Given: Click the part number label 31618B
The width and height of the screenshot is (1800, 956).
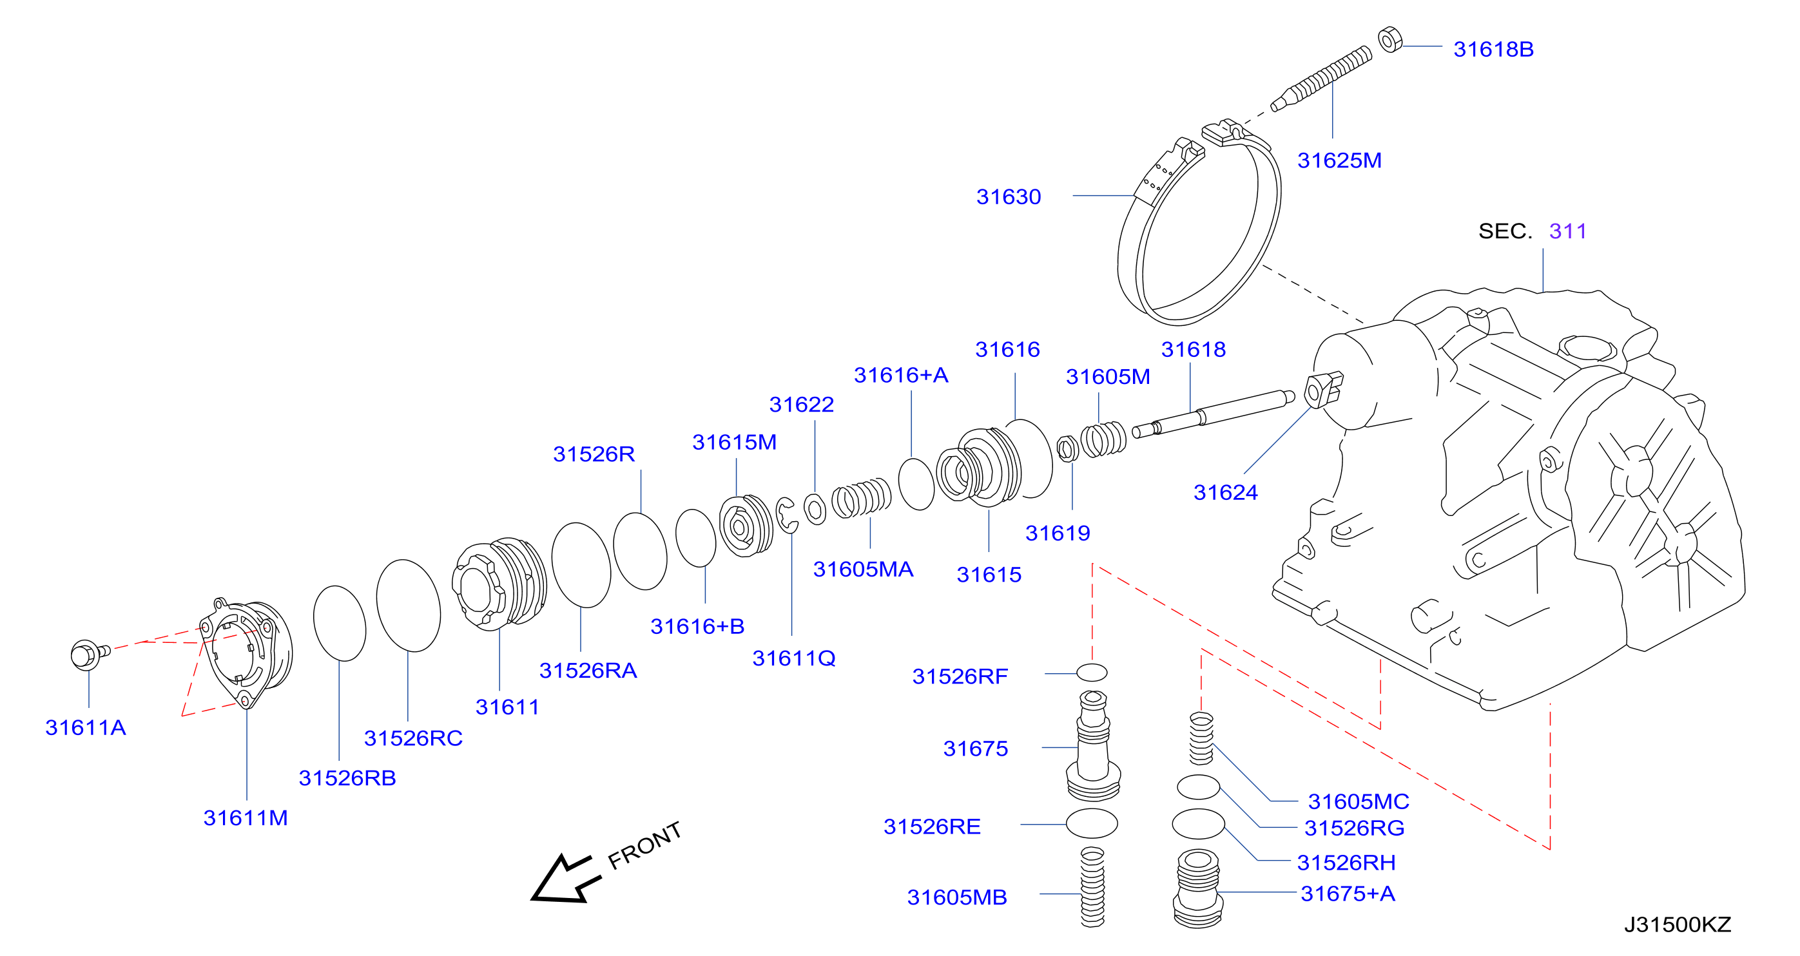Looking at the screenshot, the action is (1493, 50).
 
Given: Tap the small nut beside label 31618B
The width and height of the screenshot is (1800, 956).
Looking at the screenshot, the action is (1390, 39).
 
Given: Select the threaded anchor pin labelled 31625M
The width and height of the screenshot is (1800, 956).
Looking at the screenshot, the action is (1321, 77).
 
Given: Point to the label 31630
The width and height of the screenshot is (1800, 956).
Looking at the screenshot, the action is (1009, 197).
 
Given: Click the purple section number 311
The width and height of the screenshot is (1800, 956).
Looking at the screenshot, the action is (1567, 231).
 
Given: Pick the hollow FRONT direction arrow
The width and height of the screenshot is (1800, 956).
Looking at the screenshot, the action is (565, 878).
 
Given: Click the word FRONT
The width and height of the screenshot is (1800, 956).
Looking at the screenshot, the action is (644, 845).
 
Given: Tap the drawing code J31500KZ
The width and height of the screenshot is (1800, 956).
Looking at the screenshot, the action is (1677, 924).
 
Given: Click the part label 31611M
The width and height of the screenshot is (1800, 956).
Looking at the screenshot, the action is (246, 817).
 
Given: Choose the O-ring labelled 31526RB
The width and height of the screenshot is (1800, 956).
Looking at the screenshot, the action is (340, 624).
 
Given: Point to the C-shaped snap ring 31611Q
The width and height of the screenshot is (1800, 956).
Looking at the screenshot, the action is (787, 515).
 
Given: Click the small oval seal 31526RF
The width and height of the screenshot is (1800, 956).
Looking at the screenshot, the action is (1092, 673).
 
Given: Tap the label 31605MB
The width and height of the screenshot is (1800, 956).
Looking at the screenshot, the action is (956, 897).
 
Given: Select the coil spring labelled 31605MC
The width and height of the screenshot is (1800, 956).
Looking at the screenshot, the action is (1201, 738).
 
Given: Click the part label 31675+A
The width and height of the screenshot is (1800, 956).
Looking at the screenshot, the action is (1347, 894).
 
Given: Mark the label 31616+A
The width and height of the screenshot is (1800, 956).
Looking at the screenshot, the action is (901, 376).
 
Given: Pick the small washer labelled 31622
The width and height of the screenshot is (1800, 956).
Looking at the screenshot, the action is (815, 508).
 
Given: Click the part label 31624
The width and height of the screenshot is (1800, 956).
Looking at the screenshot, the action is (1225, 493).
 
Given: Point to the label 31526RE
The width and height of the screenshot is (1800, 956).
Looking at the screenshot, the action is (931, 827).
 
